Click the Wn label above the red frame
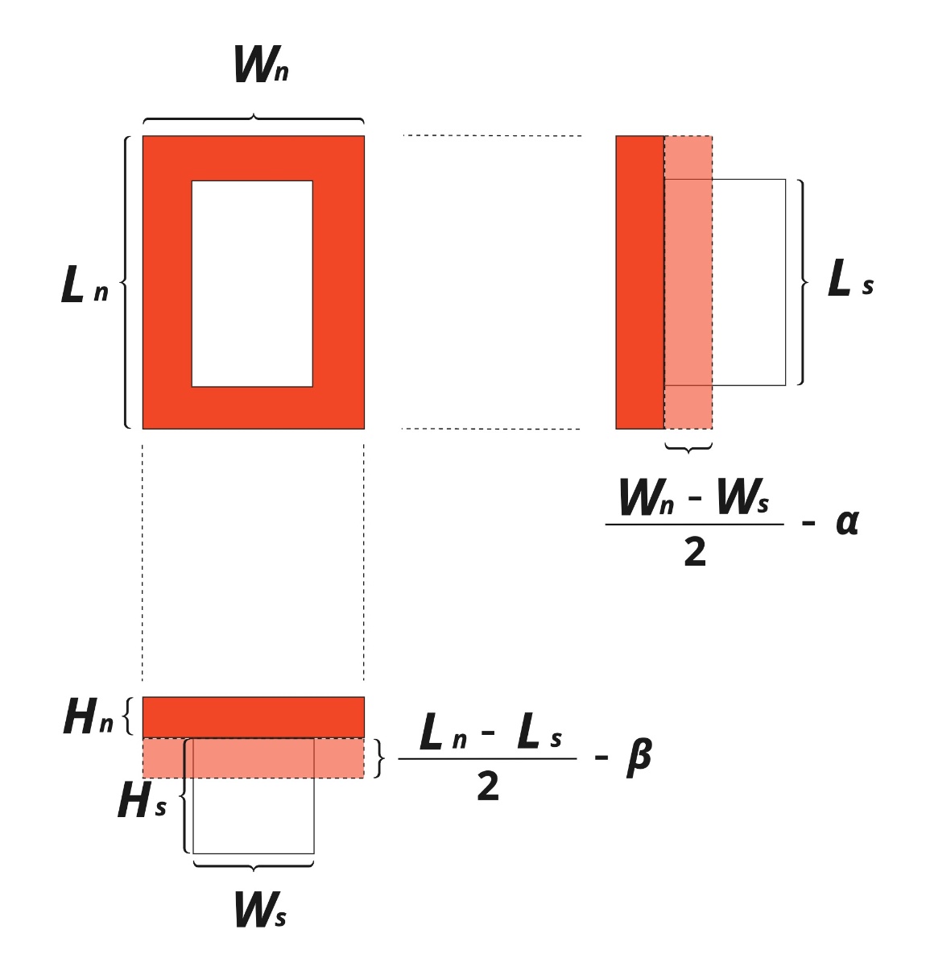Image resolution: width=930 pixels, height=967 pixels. click(261, 64)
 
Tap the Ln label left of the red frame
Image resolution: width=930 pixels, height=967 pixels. click(85, 284)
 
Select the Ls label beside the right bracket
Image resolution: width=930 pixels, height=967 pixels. click(850, 278)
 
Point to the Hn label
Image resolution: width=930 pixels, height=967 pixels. click(89, 716)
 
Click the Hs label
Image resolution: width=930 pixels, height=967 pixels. click(142, 799)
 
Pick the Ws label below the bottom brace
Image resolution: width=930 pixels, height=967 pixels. click(260, 909)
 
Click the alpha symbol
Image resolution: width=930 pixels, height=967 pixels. click(846, 522)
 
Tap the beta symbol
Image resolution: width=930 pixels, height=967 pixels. click(639, 757)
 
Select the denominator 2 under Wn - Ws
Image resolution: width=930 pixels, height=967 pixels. click(695, 552)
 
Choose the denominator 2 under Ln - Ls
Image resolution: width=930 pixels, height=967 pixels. click(488, 786)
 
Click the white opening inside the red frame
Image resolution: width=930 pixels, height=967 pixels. click(252, 284)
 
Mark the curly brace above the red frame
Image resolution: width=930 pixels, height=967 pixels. click(253, 118)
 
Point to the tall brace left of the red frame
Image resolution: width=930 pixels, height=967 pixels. click(126, 282)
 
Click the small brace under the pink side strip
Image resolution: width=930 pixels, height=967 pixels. click(688, 448)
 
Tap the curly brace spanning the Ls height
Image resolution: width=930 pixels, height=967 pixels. click(802, 282)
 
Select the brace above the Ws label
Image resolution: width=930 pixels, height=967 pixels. click(253, 865)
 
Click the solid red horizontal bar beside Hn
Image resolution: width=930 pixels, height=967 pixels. click(253, 717)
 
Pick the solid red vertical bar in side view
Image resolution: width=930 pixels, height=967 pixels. click(640, 282)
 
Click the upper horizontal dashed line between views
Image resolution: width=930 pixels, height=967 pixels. click(492, 135)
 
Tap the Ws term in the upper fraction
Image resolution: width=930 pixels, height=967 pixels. click(743, 496)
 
